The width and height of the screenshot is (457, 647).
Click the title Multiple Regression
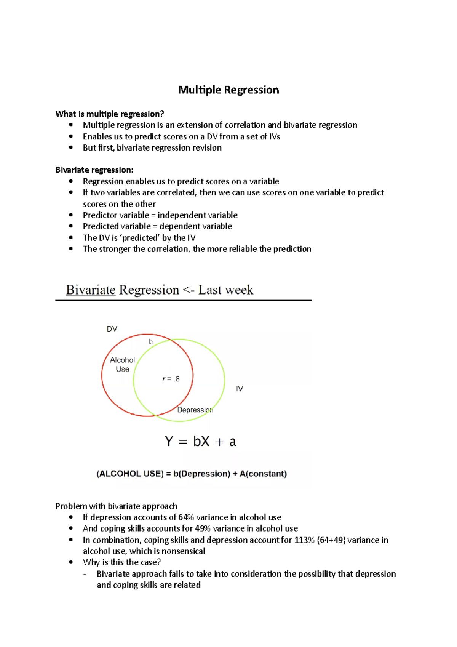[x=228, y=90]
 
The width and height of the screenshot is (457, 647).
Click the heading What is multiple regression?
[x=110, y=114]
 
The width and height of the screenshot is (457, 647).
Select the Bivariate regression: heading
[x=94, y=170]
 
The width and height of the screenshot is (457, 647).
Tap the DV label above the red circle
[x=112, y=329]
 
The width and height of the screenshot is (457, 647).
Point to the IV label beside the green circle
[x=239, y=389]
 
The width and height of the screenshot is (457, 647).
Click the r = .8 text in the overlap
[x=171, y=379]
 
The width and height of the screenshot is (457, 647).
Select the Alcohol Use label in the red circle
[x=122, y=365]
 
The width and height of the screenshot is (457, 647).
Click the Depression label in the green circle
[x=195, y=410]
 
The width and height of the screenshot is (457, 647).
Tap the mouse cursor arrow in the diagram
[x=151, y=342]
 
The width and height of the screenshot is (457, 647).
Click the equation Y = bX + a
[x=200, y=442]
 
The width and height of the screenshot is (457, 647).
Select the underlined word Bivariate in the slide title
[x=91, y=290]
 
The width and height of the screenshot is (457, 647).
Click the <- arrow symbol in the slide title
[x=189, y=290]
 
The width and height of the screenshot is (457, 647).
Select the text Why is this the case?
[x=122, y=562]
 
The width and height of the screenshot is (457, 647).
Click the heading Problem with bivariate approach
[x=116, y=506]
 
